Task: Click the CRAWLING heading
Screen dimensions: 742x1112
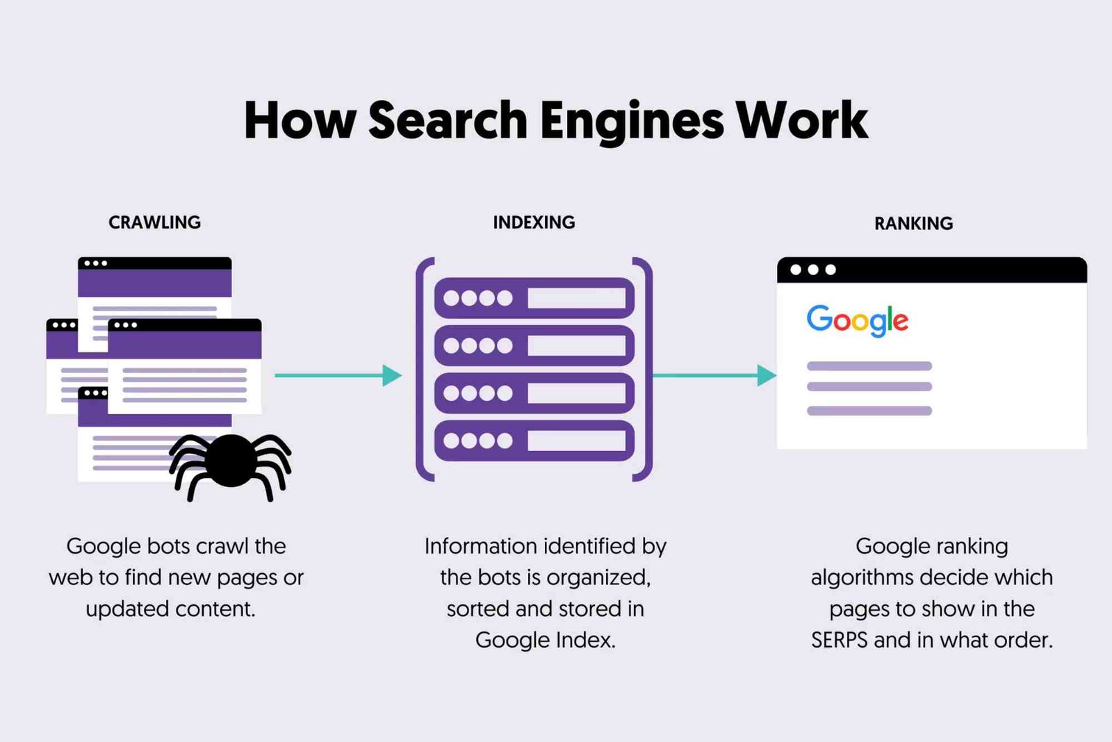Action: (x=154, y=222)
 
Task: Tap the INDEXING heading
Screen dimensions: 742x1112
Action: (x=534, y=222)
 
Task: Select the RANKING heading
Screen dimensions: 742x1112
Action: (x=913, y=224)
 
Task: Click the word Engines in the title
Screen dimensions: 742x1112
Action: (x=632, y=121)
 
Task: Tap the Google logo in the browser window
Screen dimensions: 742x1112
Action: (x=857, y=320)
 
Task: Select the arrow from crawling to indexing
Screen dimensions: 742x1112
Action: (x=338, y=375)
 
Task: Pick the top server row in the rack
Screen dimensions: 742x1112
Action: (x=534, y=298)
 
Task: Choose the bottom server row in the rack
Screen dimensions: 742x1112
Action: (x=534, y=440)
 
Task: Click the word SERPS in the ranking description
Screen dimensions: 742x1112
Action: (x=839, y=640)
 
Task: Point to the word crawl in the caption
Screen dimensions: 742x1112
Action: (x=222, y=546)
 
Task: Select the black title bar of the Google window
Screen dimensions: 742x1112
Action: (x=931, y=270)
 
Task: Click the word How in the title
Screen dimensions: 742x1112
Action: (x=300, y=121)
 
